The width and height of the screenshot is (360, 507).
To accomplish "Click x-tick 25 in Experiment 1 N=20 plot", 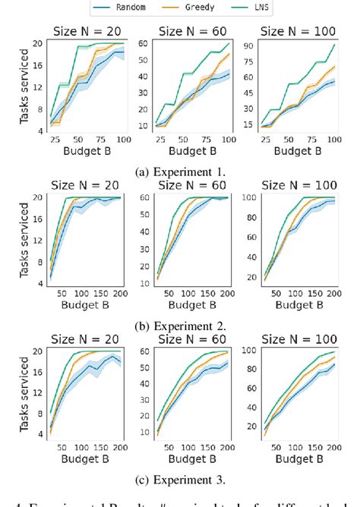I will tap(55, 142).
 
